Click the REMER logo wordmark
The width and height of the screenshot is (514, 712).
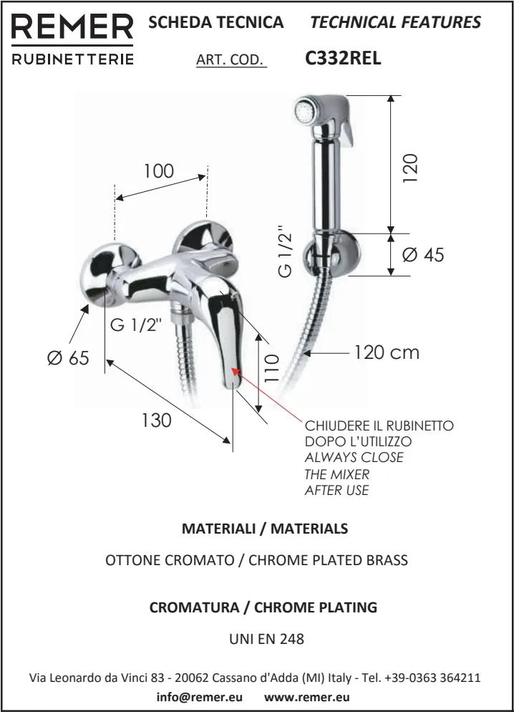[x=72, y=27]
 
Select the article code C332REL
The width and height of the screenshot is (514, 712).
[x=343, y=58]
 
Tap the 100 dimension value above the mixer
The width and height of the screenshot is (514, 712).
[x=159, y=171]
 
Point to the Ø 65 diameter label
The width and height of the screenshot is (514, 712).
[x=68, y=358]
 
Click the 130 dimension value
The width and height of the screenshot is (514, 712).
[x=157, y=420]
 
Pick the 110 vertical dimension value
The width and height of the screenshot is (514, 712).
[x=271, y=368]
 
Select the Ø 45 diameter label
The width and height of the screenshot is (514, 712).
[x=423, y=254]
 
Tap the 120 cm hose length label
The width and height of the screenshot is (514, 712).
[x=387, y=352]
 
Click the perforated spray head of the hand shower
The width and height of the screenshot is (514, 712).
[x=304, y=110]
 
